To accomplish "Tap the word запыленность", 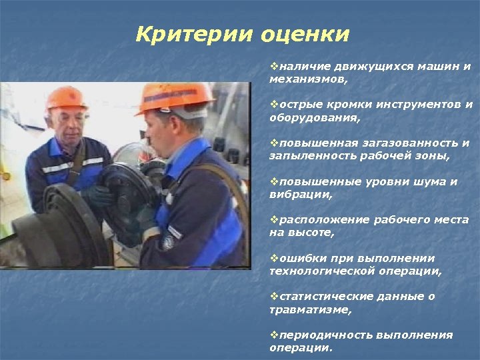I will [x=310, y=156].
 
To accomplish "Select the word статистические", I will [x=321, y=297].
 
